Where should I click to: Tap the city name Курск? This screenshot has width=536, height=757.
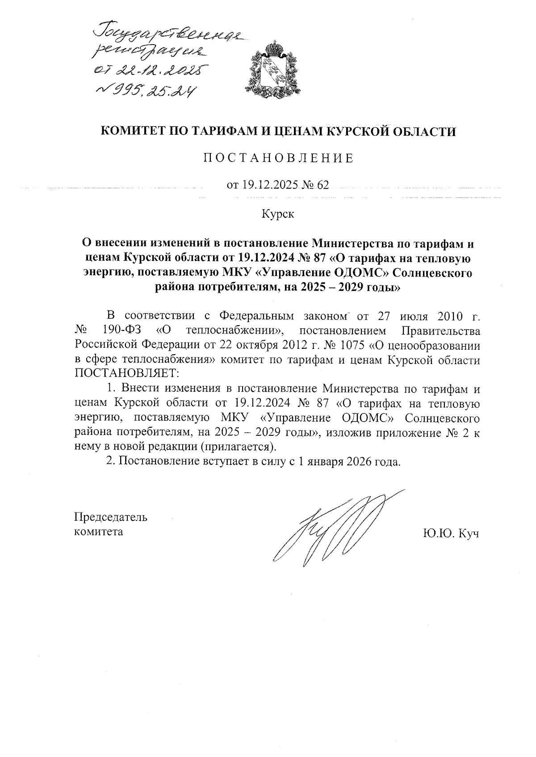pyautogui.click(x=278, y=215)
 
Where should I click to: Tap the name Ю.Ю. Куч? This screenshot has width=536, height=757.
pyautogui.click(x=451, y=533)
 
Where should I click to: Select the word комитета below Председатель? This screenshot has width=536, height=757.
pyautogui.click(x=99, y=531)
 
